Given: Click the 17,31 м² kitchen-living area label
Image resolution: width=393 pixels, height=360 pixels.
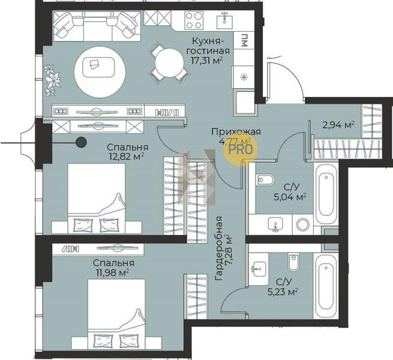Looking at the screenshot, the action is point(207,61).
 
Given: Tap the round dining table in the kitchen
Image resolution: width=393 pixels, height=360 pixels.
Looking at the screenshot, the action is point(169,62).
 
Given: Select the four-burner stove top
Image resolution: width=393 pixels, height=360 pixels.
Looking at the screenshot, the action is point(194,20).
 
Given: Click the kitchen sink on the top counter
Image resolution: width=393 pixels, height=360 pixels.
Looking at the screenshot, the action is point(224,20).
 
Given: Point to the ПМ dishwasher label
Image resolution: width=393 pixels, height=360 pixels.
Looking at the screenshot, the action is point(244,40).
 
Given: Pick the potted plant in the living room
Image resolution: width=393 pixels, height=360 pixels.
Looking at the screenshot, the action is point(52,80).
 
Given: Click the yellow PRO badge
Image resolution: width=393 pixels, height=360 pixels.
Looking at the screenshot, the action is point(241,149).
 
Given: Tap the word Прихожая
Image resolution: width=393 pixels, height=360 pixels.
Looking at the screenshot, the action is point(236,131).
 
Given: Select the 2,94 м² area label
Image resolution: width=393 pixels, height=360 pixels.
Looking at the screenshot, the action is point(338,125).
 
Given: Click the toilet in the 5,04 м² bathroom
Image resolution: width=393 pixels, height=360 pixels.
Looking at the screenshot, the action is point(265,179).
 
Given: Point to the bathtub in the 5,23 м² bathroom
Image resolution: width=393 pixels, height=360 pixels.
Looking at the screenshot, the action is point(326,286).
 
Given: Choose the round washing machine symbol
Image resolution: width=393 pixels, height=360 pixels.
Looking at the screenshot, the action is point(303,224).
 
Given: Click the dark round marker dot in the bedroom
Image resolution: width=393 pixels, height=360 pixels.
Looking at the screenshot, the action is point(81,142).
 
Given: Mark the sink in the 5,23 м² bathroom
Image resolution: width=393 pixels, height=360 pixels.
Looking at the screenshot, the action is point(259,269).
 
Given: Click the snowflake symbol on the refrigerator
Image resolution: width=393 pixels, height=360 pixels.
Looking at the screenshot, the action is point(244,77).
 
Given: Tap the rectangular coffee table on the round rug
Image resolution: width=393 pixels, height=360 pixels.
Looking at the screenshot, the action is point(98,67).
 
